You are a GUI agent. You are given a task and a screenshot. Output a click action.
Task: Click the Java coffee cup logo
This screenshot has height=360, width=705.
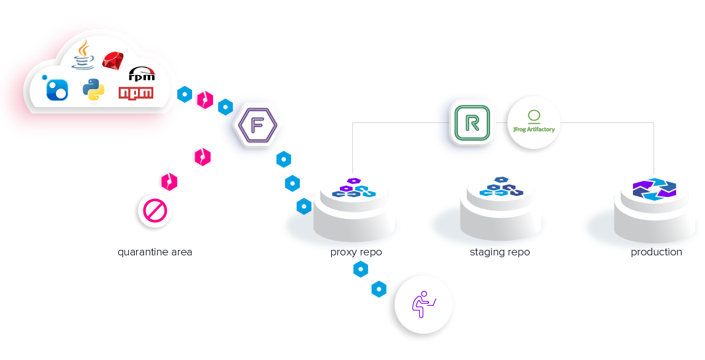(84, 55)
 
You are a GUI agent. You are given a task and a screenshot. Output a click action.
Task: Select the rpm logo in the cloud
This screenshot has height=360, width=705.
(141, 74)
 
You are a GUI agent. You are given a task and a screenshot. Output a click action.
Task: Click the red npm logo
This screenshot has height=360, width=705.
(136, 94)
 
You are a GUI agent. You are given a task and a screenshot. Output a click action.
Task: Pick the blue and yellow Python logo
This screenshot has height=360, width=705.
(93, 90)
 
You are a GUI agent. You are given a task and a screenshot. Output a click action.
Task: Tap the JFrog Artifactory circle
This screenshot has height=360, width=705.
(533, 126)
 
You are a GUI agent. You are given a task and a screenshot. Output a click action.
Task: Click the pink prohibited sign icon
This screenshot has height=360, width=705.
(153, 211)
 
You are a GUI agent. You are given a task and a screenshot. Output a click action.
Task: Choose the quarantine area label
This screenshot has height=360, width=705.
(155, 252)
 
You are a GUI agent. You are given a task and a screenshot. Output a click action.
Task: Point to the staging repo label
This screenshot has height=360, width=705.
(499, 252)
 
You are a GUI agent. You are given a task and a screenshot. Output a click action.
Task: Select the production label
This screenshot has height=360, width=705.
(656, 252)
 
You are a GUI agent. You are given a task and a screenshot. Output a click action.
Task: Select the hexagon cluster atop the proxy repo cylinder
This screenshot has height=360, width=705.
(353, 188)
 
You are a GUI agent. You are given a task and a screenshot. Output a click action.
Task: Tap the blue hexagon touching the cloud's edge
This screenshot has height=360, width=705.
(184, 94)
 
